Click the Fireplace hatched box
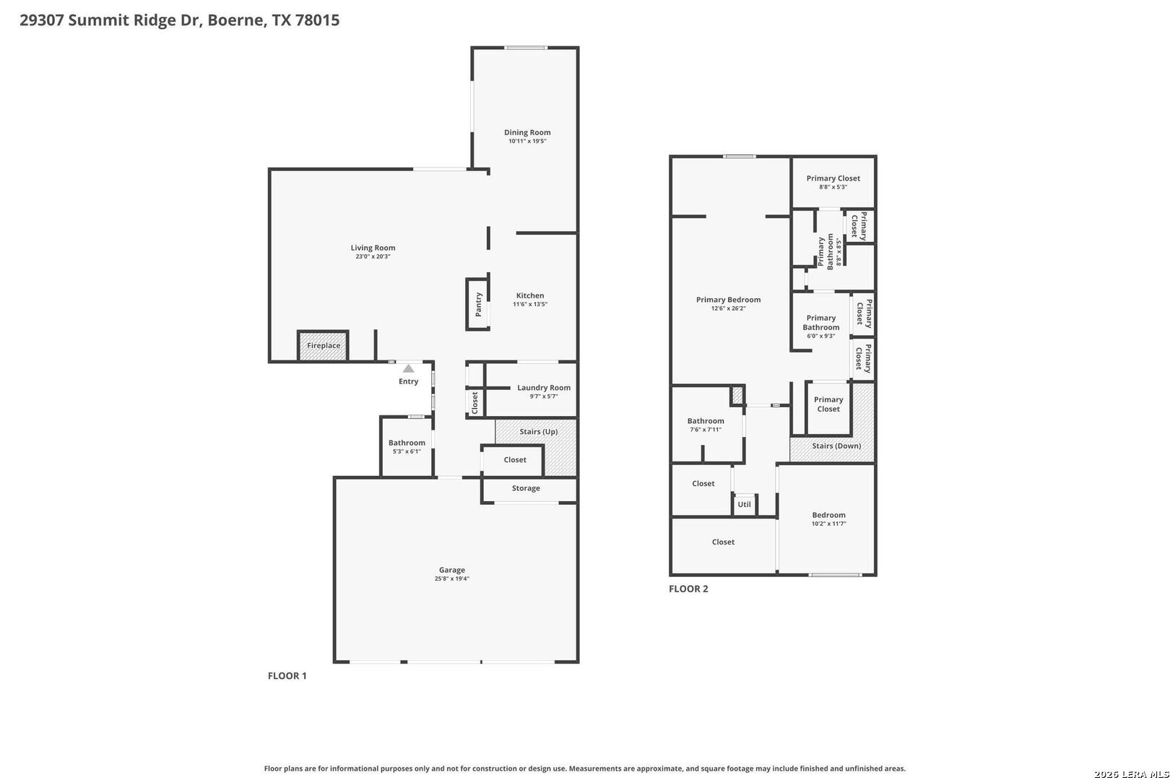[323, 346]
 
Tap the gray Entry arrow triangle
[409, 369]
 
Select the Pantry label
[478, 304]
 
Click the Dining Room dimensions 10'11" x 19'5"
[527, 141]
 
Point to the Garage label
[452, 570]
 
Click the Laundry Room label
[544, 388]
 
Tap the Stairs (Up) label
[539, 432]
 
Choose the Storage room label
[526, 488]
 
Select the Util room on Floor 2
[745, 504]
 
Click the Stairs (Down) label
[836, 446]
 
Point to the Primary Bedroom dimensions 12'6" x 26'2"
[728, 309]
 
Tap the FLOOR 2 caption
[688, 589]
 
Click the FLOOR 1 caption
[287, 676]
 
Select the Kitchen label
[530, 295]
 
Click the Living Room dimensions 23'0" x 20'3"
[373, 256]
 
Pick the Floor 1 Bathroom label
[407, 443]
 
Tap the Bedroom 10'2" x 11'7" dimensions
[828, 524]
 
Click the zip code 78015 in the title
[317, 20]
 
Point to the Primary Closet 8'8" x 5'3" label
[833, 182]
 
